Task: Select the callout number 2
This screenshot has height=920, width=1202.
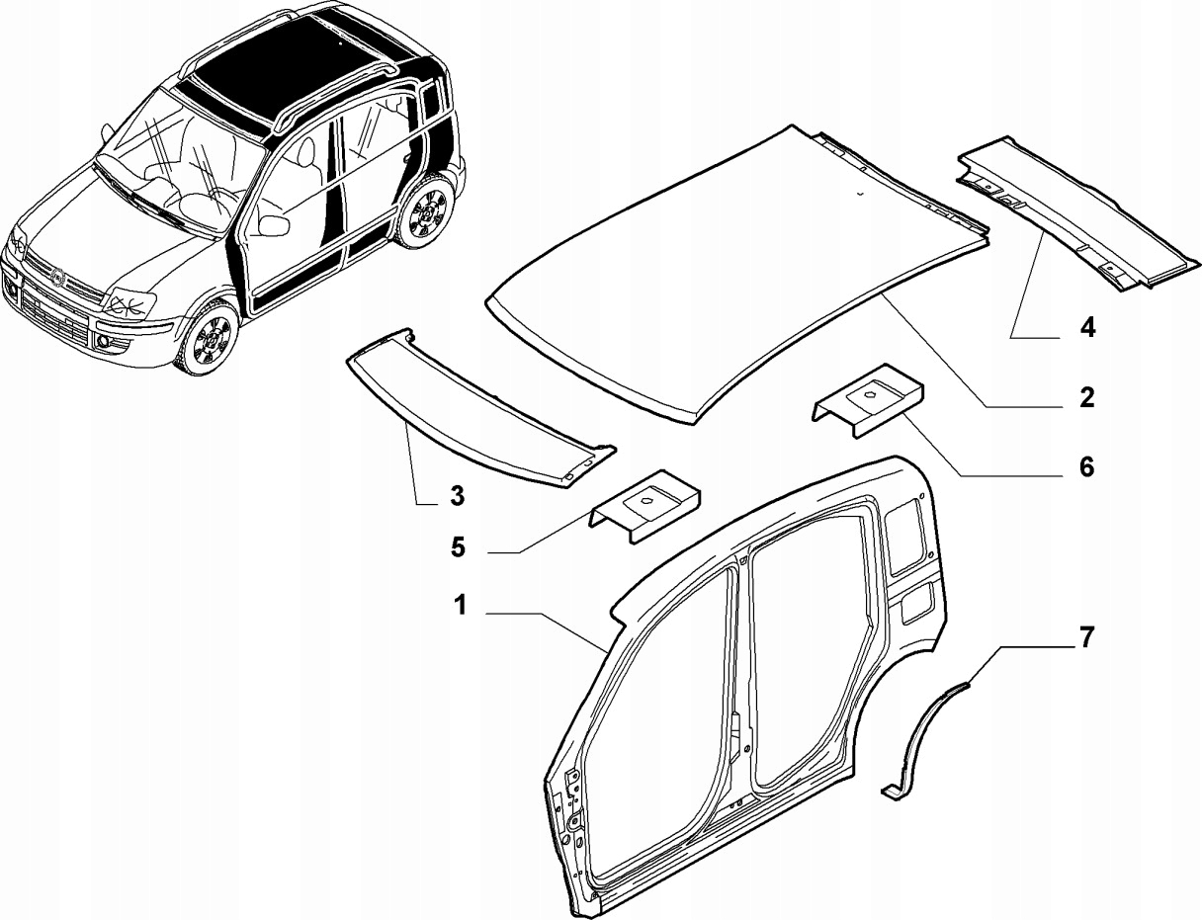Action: (1086, 398)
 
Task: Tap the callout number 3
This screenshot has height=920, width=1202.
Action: (457, 496)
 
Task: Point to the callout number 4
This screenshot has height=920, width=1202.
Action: (1086, 327)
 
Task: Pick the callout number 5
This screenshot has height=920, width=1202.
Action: (458, 547)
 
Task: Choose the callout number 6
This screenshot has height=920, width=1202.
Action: (1086, 466)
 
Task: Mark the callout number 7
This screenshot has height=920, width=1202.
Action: (1085, 638)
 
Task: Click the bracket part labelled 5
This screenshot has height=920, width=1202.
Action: (647, 505)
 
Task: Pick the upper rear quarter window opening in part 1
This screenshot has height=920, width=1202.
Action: (906, 533)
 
